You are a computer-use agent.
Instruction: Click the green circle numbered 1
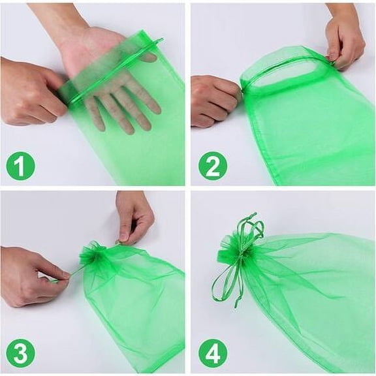click(20, 166)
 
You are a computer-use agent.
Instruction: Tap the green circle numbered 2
click(212, 166)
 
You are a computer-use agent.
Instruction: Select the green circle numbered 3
click(20, 353)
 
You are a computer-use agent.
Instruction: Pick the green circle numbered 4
click(212, 353)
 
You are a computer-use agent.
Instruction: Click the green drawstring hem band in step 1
click(111, 72)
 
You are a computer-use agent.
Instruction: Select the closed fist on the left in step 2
click(212, 101)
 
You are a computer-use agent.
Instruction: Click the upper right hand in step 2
click(346, 39)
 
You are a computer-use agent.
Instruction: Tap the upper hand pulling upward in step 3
click(134, 215)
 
